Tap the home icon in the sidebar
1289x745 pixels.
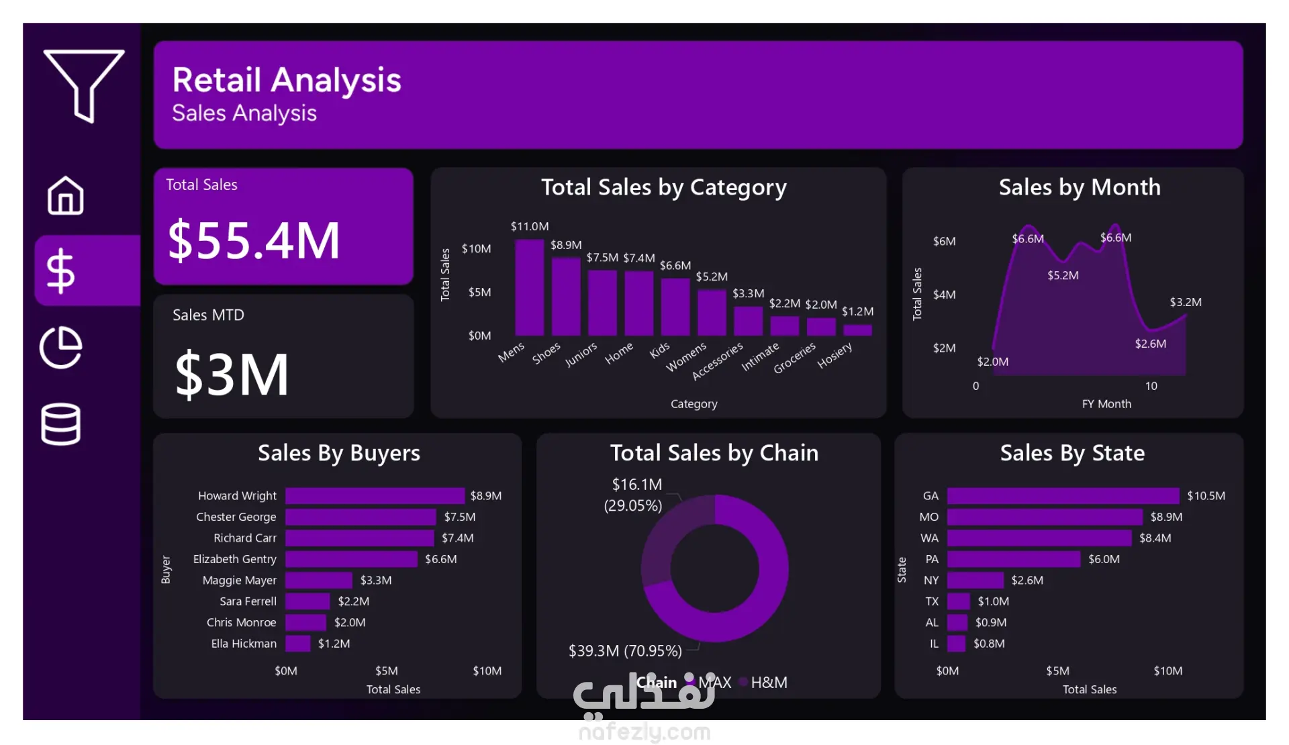[66, 195]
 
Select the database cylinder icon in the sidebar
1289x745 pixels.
[61, 424]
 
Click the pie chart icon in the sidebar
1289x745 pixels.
[61, 347]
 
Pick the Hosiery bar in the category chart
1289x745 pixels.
[857, 330]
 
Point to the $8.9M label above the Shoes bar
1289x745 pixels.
[566, 245]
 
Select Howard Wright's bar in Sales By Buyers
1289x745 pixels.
[375, 496]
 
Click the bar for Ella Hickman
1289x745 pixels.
[297, 644]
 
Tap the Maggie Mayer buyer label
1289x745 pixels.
[239, 581]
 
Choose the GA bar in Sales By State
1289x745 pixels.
[1063, 496]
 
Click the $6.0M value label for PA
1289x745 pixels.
[1104, 559]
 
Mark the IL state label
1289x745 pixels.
[934, 644]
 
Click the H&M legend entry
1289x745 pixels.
[768, 683]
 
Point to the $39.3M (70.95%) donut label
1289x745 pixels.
[625, 651]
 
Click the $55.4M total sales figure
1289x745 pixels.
[254, 240]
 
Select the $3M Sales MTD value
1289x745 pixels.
[232, 375]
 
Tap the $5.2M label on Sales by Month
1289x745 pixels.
[1063, 275]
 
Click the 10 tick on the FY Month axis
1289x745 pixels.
[1151, 386]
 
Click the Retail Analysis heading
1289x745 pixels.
[287, 80]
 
